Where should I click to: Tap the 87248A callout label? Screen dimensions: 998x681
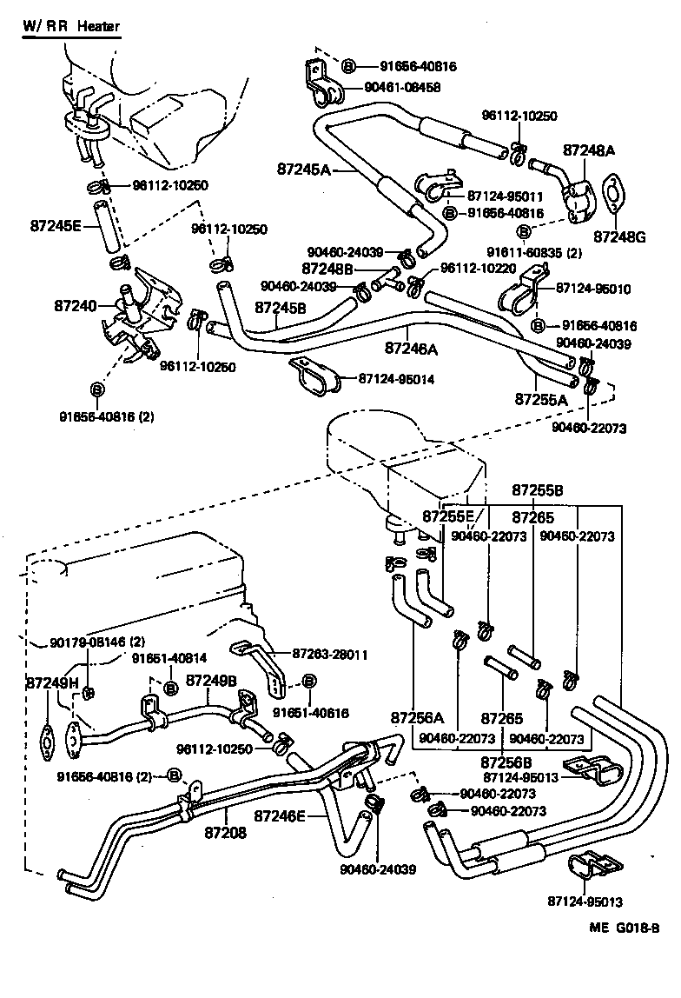coord(589,150)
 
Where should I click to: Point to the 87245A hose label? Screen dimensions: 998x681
coord(304,169)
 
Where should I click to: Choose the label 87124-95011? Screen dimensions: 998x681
coord(505,196)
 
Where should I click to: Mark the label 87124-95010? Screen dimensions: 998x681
coord(594,288)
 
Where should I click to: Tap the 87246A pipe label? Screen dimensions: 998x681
coord(411,348)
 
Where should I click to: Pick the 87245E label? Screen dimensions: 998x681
coord(56,226)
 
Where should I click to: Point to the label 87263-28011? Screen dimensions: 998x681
coord(329,654)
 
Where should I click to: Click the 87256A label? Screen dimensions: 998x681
coord(417,718)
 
